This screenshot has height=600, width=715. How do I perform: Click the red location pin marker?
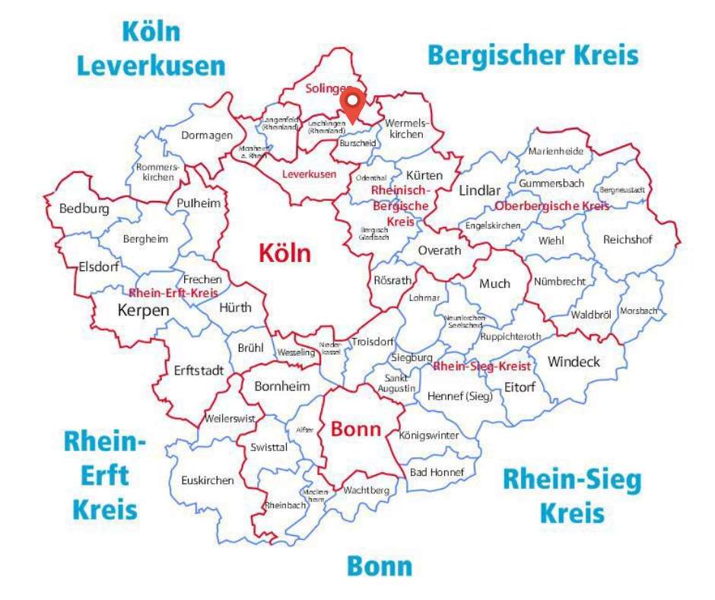pos(353,104)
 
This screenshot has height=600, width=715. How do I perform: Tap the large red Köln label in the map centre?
pos(285,253)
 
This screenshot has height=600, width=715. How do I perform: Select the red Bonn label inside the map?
pos(355,429)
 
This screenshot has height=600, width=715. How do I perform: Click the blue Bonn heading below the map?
pos(380,566)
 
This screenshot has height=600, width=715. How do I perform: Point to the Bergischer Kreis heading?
pos(533,55)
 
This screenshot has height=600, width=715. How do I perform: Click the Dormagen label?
pos(207,136)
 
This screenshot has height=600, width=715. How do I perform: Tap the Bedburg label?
pos(84,208)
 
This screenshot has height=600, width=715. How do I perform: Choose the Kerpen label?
pos(143,310)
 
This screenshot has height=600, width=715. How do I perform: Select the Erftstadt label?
pos(199,371)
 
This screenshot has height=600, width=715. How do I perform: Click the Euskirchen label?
pos(208,480)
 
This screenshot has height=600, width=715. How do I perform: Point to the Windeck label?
pos(574,361)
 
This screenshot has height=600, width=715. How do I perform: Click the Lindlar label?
pos(480,190)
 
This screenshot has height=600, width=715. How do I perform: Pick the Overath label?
pos(440,251)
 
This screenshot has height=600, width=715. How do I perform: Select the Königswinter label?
pos(429,436)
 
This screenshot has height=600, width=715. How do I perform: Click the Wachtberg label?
pos(366,490)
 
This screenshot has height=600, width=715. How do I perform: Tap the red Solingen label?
pos(326,88)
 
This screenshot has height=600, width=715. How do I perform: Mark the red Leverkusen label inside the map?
pos(309,174)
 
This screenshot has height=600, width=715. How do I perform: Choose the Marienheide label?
pos(556,151)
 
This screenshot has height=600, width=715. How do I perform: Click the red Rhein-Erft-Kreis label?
pos(173,292)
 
